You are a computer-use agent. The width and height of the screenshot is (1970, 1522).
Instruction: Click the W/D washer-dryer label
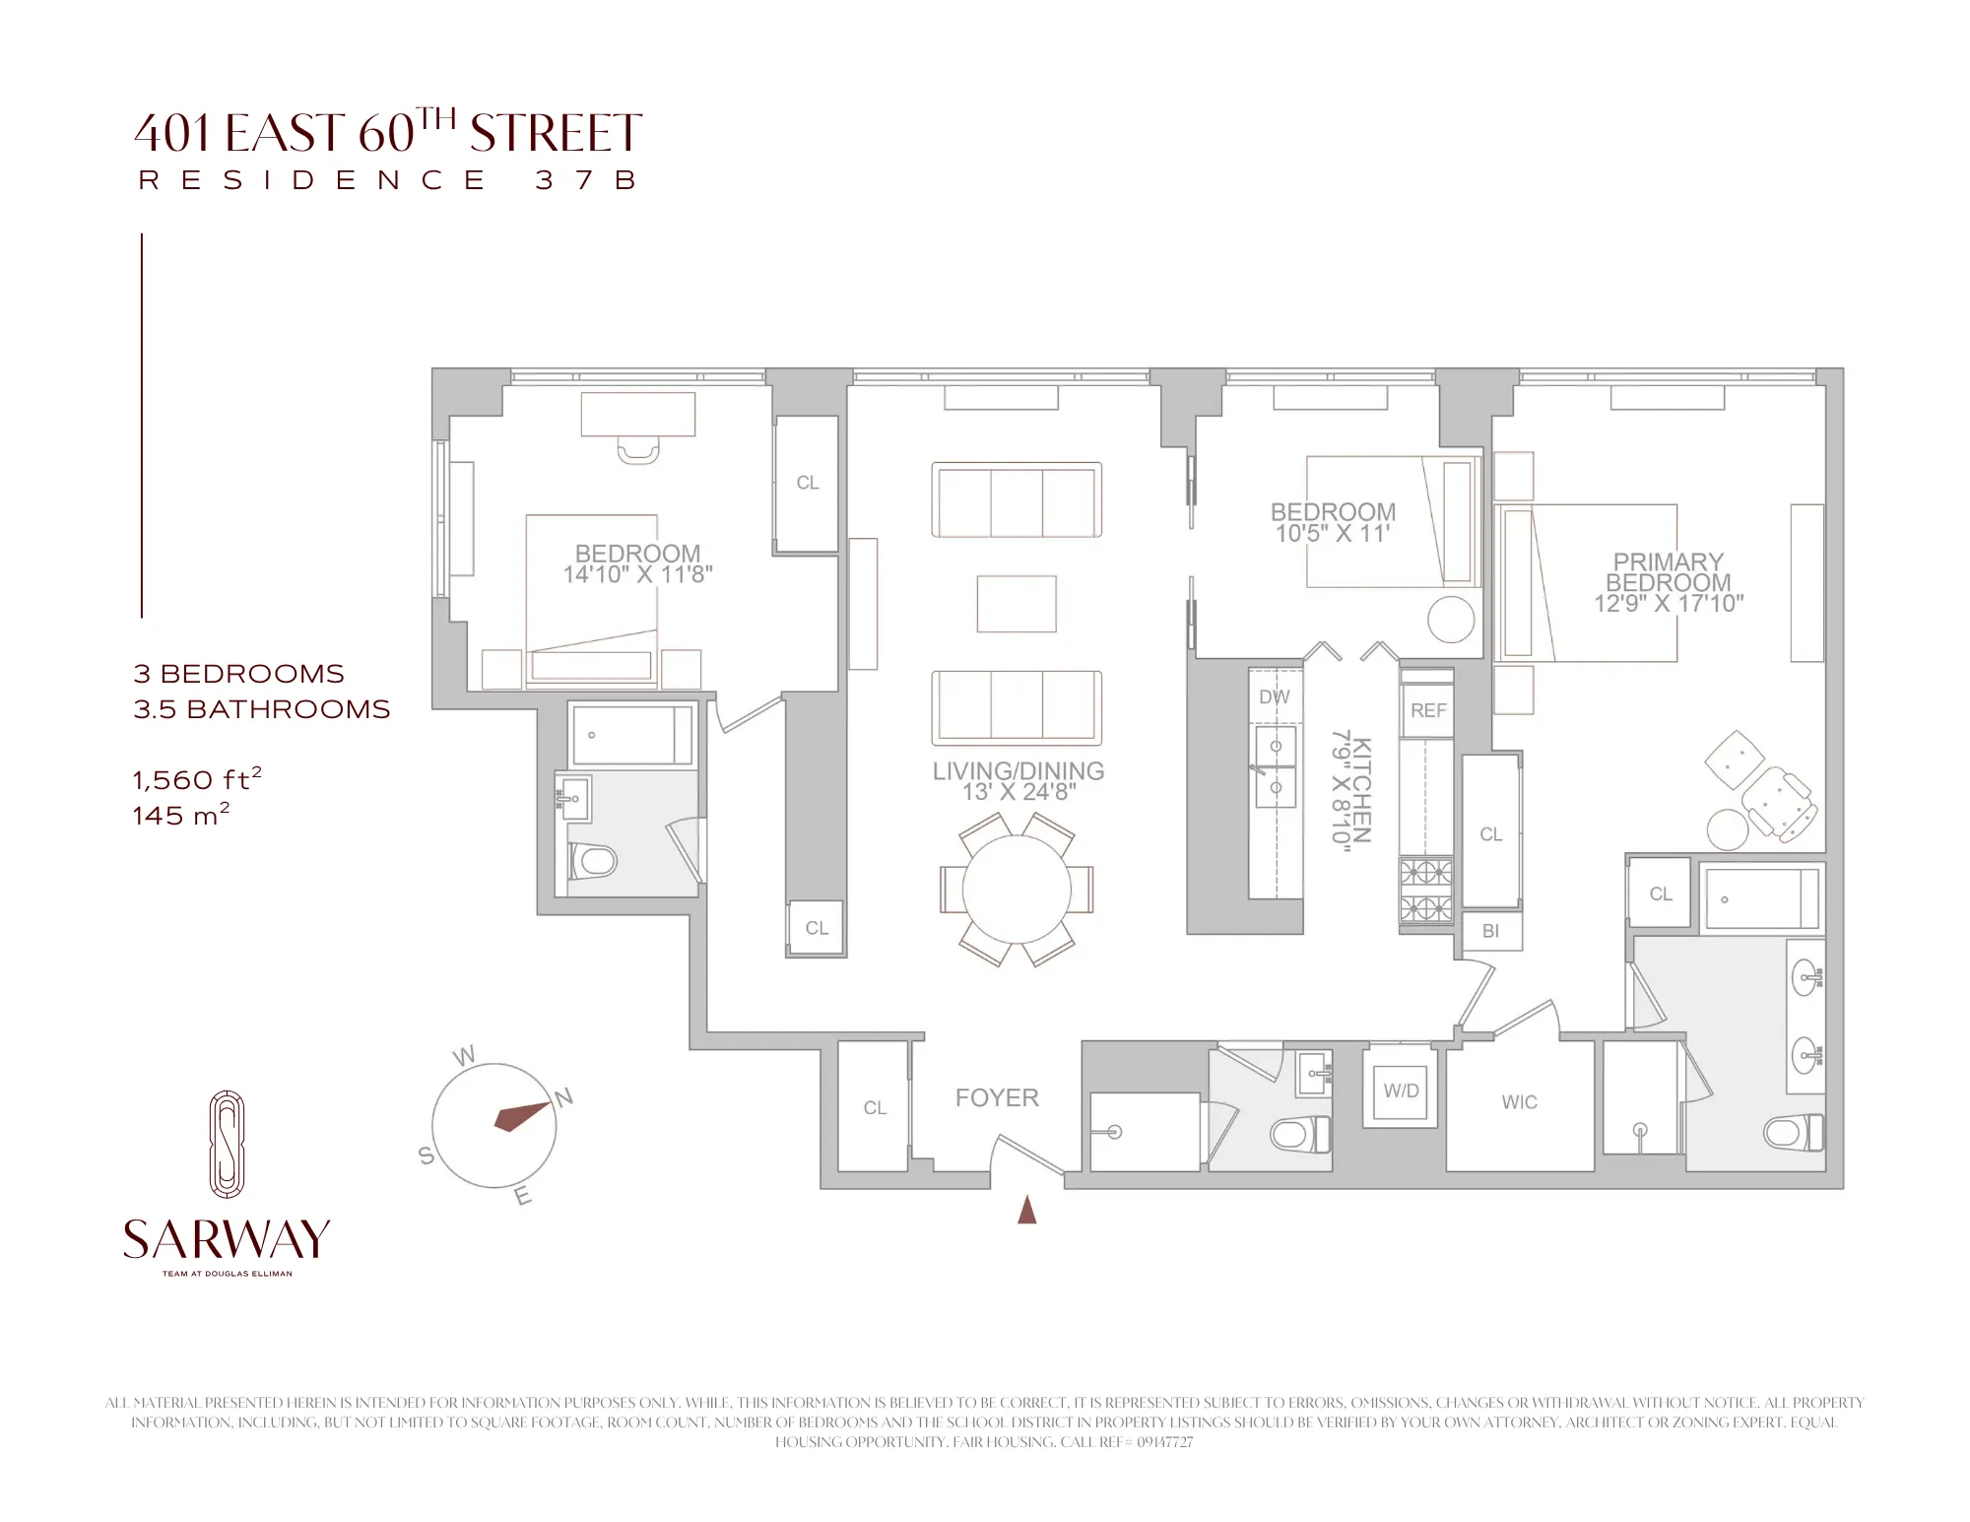pos(1401,1091)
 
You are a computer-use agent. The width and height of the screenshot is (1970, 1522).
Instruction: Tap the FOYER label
pos(997,1097)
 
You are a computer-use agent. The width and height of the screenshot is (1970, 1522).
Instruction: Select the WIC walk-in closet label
pos(1519,1102)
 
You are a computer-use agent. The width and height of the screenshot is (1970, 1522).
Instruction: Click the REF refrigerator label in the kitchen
pos(1428,710)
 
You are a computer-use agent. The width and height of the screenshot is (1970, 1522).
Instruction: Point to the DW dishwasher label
pos(1274,696)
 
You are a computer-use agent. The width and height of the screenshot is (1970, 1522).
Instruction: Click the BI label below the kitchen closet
pos(1490,931)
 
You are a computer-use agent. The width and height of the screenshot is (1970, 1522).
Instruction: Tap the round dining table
pos(1016,890)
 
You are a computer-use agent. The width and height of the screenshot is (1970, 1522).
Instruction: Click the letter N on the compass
pos(564,1097)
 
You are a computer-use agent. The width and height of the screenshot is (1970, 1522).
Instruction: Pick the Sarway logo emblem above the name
pos(227,1144)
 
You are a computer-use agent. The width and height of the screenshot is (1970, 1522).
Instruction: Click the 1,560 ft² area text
pos(197,779)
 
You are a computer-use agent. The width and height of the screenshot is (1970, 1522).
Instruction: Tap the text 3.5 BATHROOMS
pos(262,709)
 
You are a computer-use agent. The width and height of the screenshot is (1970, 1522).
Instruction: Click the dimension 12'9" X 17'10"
pos(1669,603)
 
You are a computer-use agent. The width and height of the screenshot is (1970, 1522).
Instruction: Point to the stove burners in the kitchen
pos(1425,890)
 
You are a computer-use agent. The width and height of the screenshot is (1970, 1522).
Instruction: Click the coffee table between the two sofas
pos(1017,604)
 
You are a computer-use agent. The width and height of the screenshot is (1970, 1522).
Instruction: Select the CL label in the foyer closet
pos(875,1108)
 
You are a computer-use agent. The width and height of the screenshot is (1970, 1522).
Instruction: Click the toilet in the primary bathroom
pos(1793,1133)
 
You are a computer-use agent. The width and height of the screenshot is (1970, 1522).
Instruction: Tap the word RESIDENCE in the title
pos(313,180)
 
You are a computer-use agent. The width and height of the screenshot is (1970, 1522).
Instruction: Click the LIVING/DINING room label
pos(1018,771)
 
